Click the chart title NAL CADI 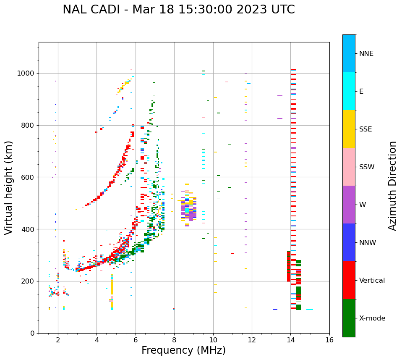pos(178,10)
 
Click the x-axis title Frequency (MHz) pos(183,350)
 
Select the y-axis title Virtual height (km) pos(9,187)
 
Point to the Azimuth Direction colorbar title pos(392,186)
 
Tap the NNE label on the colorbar pos(366,54)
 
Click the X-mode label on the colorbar pos(372,318)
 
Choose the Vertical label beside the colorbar pos(372,281)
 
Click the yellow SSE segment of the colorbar pos(349,129)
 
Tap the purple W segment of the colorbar pos(349,205)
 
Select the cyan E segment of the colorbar pos(349,91)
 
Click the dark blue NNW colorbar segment pos(349,242)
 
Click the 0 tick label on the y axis pos(32,333)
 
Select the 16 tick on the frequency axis pos(329,340)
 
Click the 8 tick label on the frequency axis pos(174,340)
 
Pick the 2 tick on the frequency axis pos(58,340)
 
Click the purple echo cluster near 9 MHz pos(192,215)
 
